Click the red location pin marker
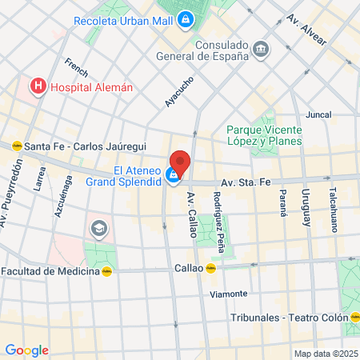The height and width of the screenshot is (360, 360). [x=180, y=162]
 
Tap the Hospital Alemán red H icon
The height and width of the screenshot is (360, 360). [x=36, y=86]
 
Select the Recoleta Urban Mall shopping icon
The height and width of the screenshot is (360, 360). [x=186, y=18]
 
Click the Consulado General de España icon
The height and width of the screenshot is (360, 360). [x=261, y=50]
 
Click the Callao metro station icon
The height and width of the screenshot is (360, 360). [x=211, y=269]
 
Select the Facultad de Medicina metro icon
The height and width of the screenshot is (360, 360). [x=106, y=270]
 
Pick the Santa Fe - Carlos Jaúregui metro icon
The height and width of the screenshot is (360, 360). [x=15, y=146]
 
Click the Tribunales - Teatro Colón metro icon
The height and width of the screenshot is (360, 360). [x=354, y=317]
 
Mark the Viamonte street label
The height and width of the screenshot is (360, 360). [x=228, y=294]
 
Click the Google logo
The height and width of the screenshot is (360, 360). [x=26, y=350]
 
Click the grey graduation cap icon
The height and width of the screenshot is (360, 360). [x=99, y=229]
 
